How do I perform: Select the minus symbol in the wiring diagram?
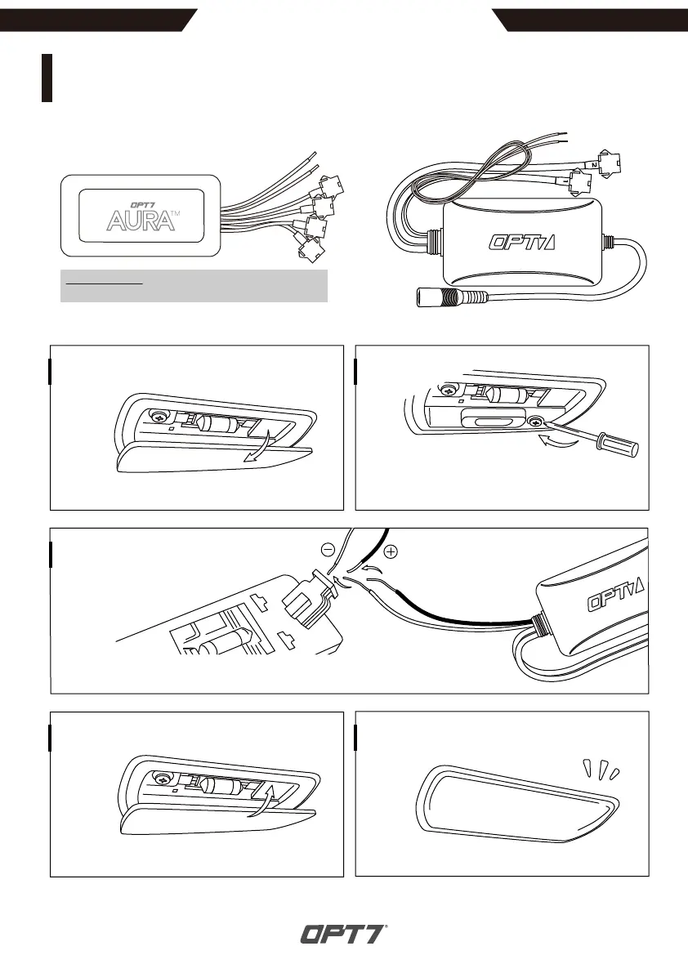click(328, 550)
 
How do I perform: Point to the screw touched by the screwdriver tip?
click(537, 422)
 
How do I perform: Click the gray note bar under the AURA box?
click(194, 286)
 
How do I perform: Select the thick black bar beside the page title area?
click(47, 78)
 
